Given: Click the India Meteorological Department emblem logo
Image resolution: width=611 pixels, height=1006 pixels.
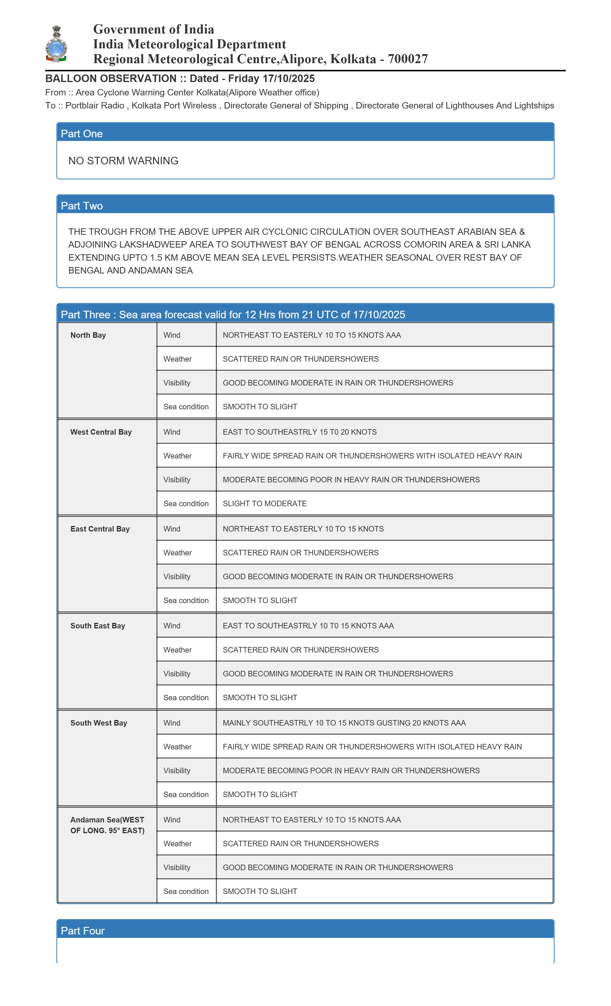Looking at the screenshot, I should pyautogui.click(x=56, y=44).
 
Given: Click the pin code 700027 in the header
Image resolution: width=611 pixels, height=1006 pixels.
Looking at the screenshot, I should pyautogui.click(x=408, y=59).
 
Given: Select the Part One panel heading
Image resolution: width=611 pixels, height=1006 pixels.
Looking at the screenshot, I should pyautogui.click(x=82, y=134).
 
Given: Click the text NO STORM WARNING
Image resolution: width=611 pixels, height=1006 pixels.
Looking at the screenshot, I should pyautogui.click(x=123, y=161).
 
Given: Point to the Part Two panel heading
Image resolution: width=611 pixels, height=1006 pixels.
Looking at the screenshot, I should pyautogui.click(x=82, y=206).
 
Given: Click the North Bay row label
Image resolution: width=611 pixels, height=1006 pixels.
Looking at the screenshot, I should pyautogui.click(x=88, y=335).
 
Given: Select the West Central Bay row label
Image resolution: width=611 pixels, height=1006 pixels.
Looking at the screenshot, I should pyautogui.click(x=101, y=432).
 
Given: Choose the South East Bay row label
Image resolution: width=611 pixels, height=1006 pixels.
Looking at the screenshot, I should pyautogui.click(x=97, y=626).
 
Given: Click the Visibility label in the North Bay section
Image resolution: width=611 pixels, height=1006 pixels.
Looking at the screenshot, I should pyautogui.click(x=177, y=383).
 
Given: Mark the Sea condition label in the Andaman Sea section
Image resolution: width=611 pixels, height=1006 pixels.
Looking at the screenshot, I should pyautogui.click(x=186, y=891).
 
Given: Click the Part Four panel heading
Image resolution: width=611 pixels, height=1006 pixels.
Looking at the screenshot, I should pyautogui.click(x=83, y=931).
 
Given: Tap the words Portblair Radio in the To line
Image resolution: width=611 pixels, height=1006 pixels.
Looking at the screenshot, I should pyautogui.click(x=95, y=106).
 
